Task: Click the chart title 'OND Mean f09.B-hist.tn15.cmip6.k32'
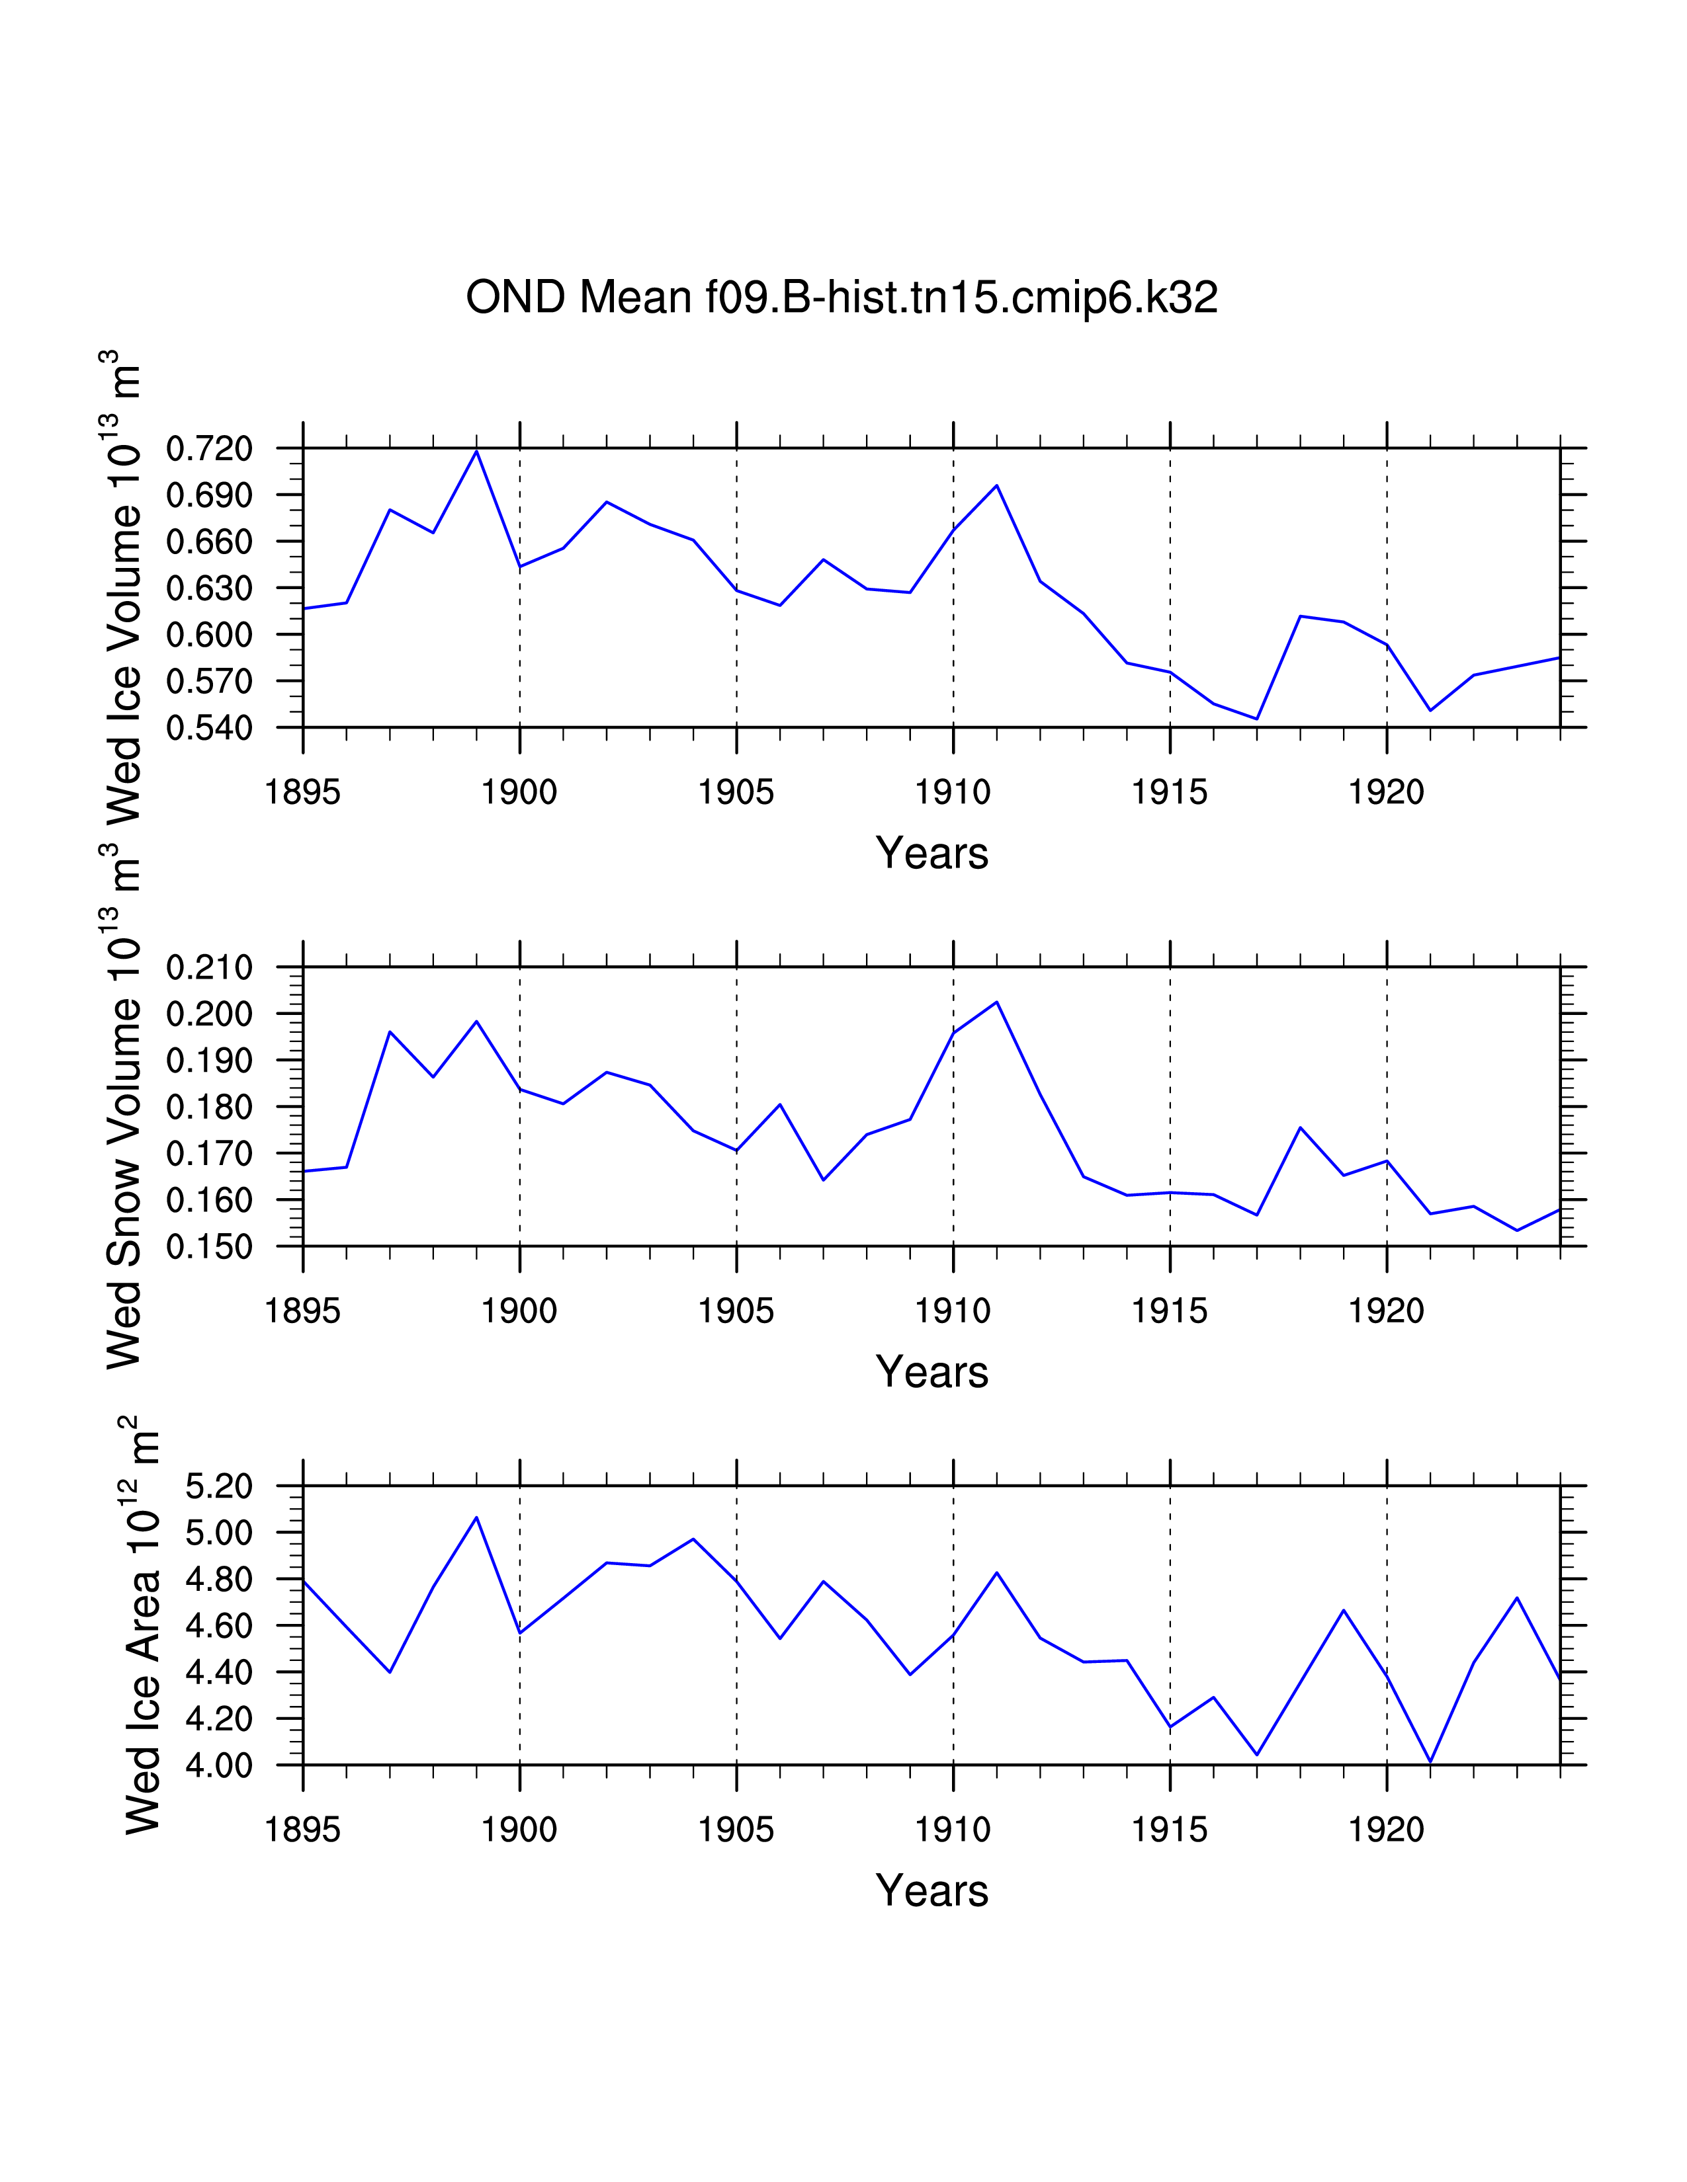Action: coord(842,298)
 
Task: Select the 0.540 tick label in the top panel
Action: coord(209,729)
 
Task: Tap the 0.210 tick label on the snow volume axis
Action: coord(209,968)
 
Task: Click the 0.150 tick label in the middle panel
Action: coord(209,1247)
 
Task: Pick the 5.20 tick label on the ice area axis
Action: coord(219,1486)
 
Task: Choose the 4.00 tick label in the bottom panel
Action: coord(219,1765)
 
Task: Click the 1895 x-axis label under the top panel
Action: coord(303,792)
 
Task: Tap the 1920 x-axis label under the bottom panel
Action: coord(1386,1830)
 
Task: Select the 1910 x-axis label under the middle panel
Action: coord(953,1311)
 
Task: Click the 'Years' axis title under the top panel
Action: coord(931,853)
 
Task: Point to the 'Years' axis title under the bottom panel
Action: coord(931,1890)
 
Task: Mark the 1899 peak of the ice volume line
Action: coord(477,452)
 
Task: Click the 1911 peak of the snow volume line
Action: coord(996,1002)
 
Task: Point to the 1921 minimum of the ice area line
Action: coord(1430,1761)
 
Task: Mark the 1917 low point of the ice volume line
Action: coord(1256,718)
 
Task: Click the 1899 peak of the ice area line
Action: coord(477,1517)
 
